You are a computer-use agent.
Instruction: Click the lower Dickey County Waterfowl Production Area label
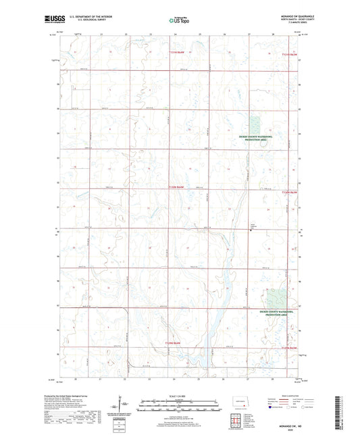click(282, 313)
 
